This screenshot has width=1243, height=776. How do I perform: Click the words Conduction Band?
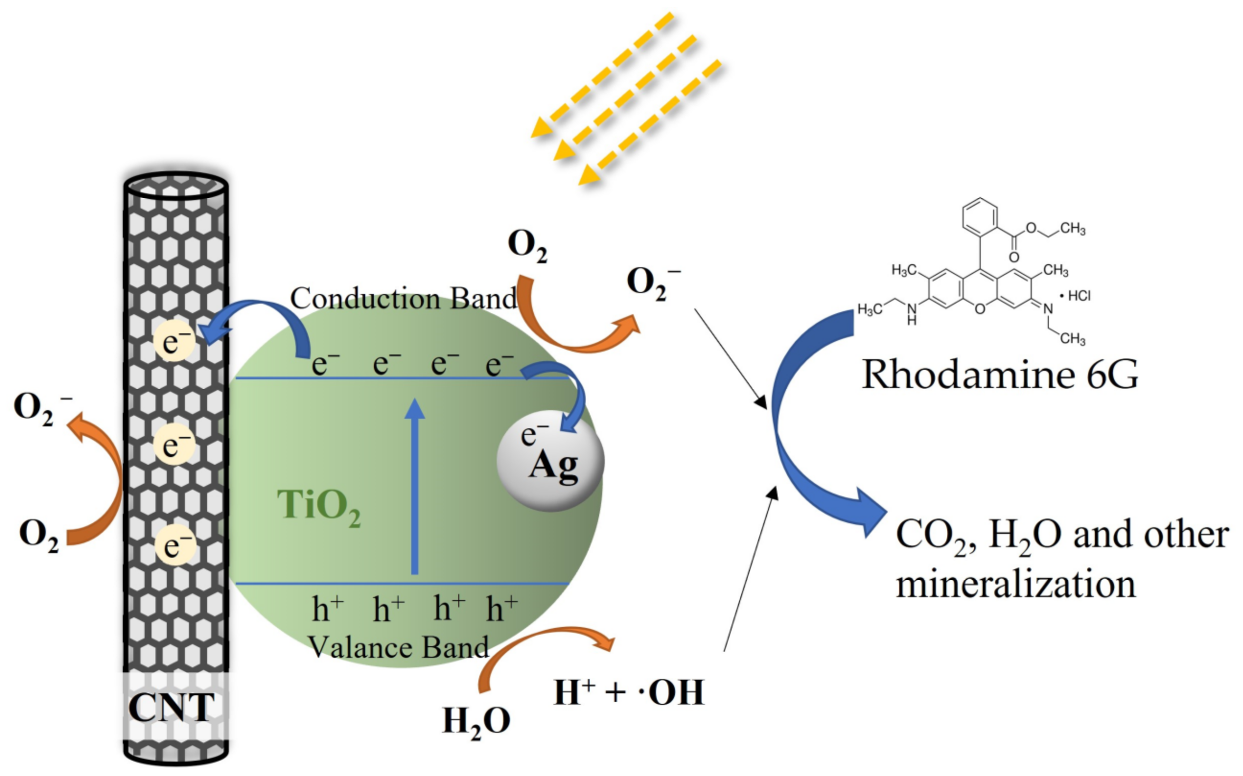click(x=403, y=299)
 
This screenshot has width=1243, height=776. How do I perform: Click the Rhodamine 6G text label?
click(x=999, y=374)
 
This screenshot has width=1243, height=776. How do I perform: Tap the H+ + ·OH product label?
click(x=628, y=693)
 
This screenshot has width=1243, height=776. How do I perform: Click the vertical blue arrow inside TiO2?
click(x=415, y=488)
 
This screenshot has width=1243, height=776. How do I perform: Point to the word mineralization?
click(x=1016, y=585)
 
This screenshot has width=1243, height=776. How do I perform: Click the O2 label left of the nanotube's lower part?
click(x=38, y=535)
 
